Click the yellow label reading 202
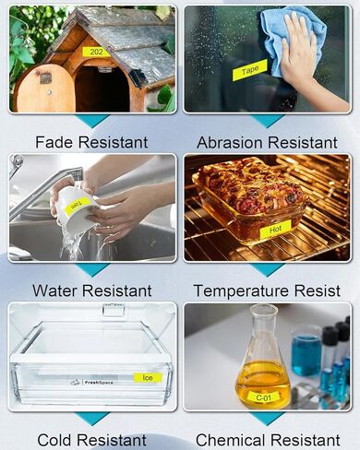point(95,52)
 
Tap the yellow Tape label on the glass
point(250,69)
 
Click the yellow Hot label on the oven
point(274,226)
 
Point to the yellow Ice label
point(148,377)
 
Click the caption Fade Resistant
point(90,142)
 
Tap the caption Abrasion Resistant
point(267,142)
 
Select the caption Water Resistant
point(90,290)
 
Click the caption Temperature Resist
point(267,290)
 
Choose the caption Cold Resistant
point(90,440)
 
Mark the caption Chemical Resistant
point(267,440)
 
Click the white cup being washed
point(76,209)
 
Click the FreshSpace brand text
point(100,381)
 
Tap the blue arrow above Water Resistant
point(91,269)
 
